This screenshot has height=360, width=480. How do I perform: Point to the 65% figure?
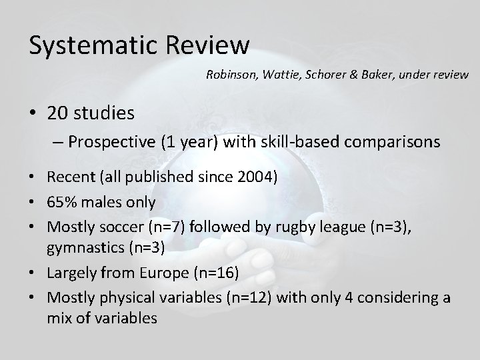[x=63, y=201]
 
